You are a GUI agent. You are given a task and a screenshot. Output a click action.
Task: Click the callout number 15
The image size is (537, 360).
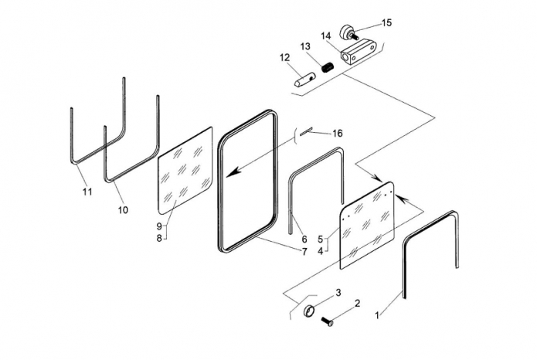click(386, 22)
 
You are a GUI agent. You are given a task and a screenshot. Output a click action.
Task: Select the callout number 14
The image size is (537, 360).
click(326, 36)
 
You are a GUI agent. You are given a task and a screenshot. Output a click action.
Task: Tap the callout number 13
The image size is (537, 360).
click(305, 46)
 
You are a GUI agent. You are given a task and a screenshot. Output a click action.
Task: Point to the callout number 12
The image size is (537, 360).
click(284, 57)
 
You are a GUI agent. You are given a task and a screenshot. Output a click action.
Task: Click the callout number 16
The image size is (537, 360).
click(338, 133)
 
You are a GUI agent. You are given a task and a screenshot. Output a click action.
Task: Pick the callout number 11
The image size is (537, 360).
click(87, 192)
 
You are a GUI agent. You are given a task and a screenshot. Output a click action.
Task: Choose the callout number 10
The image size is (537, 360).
click(123, 209)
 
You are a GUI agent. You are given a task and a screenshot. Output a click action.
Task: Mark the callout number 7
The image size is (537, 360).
click(304, 252)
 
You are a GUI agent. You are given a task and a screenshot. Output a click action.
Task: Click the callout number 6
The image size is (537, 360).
click(304, 239)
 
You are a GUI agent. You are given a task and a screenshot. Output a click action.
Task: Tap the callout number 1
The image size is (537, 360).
click(377, 315)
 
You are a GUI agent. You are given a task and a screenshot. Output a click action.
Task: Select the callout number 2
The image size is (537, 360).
click(357, 303)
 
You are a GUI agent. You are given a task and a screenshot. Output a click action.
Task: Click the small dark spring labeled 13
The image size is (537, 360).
click(328, 66)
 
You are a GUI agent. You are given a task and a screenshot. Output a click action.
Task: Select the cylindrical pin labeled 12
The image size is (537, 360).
click(304, 82)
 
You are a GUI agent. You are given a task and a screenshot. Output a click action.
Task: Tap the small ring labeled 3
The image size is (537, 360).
click(310, 311)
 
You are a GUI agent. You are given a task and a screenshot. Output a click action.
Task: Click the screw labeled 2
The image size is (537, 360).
click(328, 321)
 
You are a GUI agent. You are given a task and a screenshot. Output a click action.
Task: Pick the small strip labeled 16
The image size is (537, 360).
click(306, 131)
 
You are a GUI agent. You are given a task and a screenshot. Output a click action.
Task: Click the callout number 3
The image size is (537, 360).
click(338, 293)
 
